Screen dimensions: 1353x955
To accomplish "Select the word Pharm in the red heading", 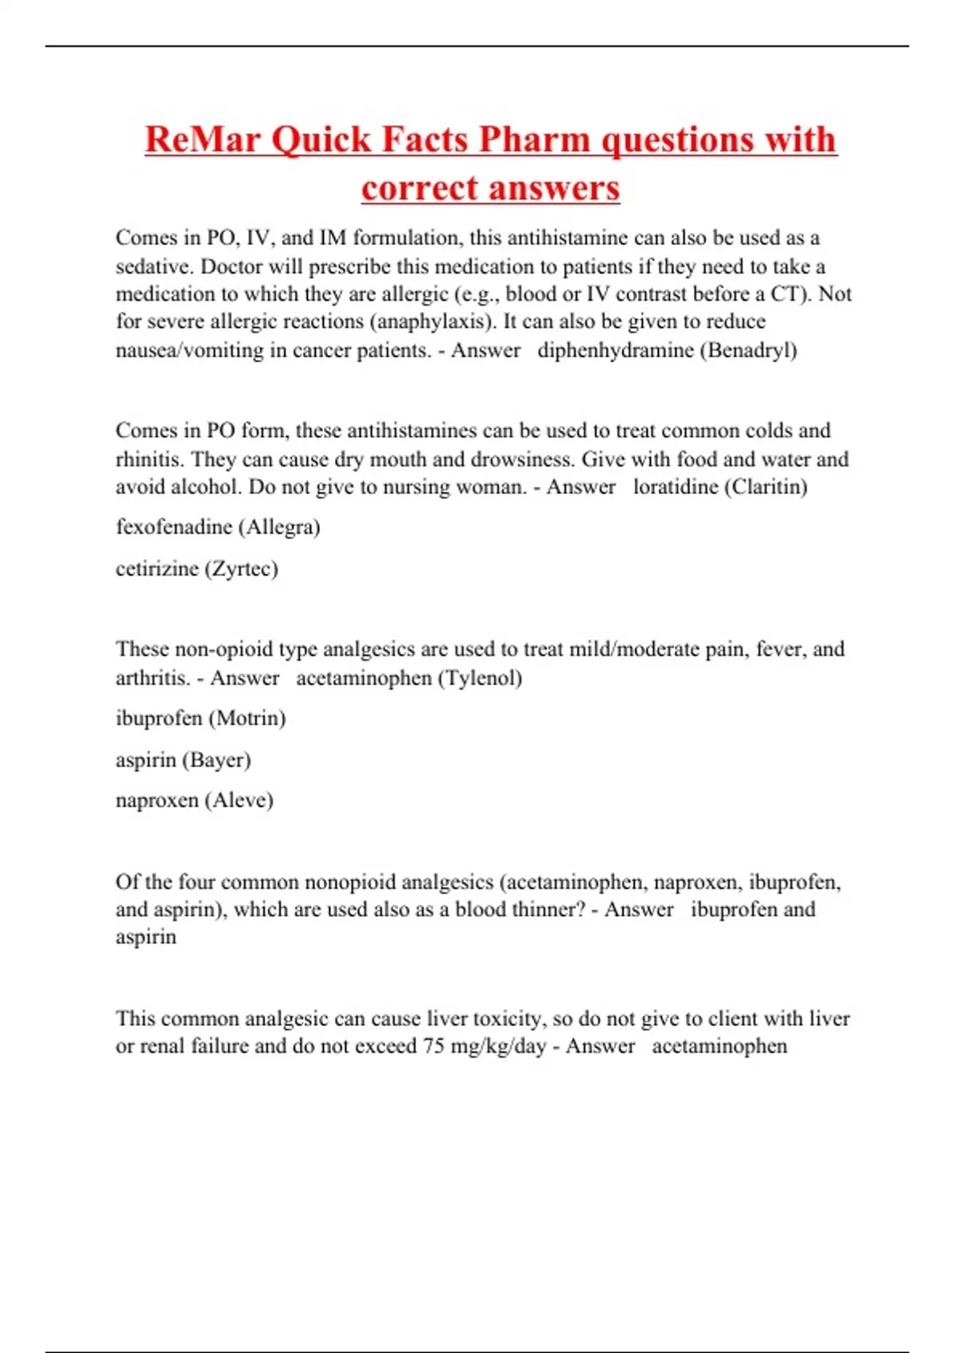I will pyautogui.click(x=534, y=139).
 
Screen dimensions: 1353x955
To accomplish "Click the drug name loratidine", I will pyautogui.click(x=675, y=486).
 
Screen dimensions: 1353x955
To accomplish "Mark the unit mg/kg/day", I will pyautogui.click(x=498, y=1047).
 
